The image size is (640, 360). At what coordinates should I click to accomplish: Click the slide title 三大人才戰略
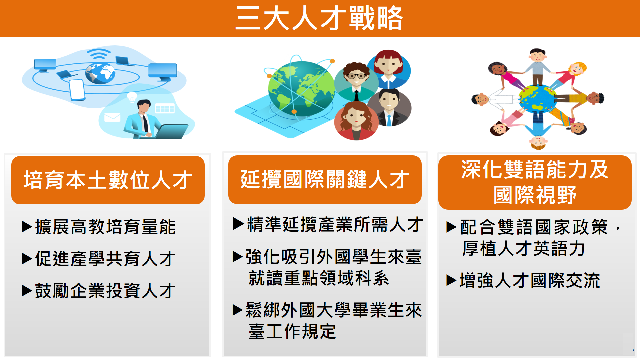coord(319,18)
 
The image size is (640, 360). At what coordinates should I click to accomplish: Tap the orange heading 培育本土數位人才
coord(108,180)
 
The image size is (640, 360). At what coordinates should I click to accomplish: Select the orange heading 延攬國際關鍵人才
coord(325,179)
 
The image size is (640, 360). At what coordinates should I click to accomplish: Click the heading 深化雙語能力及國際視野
coord(535,182)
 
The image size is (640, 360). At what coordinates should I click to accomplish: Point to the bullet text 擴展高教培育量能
coord(105,227)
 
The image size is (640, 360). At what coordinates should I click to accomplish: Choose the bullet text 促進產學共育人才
coord(105,259)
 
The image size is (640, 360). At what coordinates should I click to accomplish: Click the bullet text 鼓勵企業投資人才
coord(105,291)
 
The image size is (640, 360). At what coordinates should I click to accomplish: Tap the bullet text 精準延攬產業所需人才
coord(335,224)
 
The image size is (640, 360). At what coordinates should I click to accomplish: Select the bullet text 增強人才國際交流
coord(530,280)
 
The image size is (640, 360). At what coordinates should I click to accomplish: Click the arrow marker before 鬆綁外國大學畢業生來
coord(238,310)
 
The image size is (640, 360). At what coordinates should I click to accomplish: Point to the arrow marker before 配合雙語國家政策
coord(451,227)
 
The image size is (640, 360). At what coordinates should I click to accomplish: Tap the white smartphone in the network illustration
coord(77,90)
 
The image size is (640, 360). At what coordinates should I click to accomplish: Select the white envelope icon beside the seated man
coord(112,117)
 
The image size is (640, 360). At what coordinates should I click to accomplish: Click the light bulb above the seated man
coord(132,97)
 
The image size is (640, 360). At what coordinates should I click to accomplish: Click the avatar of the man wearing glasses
coord(356,82)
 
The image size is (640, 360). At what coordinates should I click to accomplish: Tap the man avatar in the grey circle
coord(389,108)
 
